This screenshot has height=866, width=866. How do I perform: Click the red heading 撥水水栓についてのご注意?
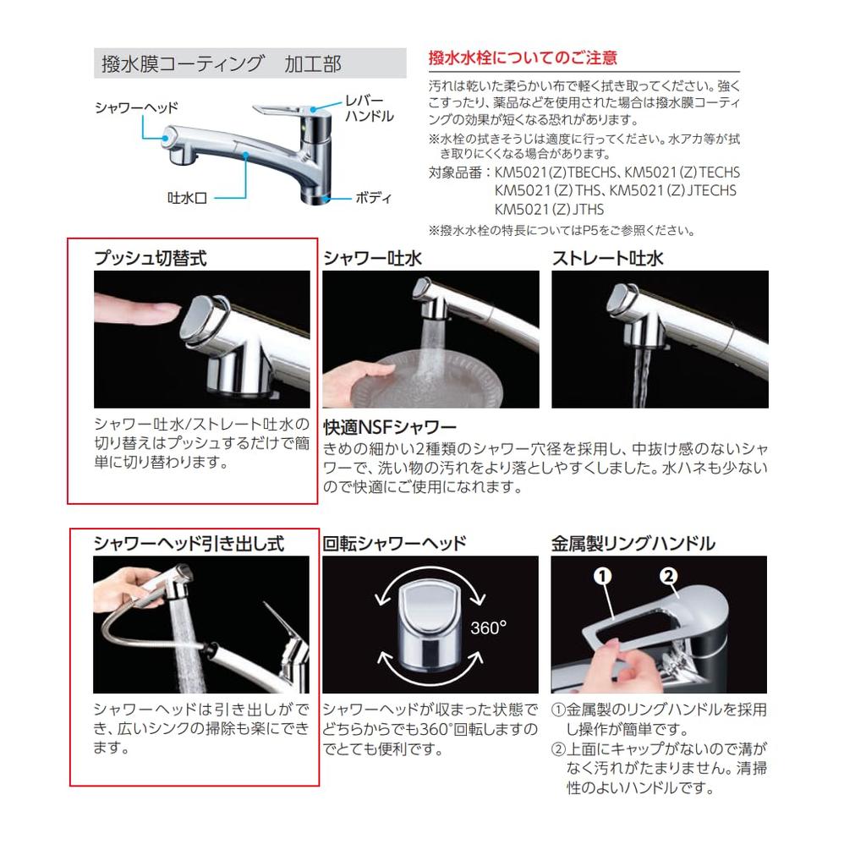click(x=523, y=58)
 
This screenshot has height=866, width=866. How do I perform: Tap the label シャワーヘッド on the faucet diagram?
click(x=136, y=107)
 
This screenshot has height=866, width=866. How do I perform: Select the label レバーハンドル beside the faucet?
click(x=368, y=107)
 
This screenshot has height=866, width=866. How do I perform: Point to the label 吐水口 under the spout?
click(x=187, y=200)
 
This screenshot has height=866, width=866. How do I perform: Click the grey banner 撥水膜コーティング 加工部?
click(x=220, y=65)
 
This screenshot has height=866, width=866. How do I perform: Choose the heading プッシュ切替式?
click(x=150, y=259)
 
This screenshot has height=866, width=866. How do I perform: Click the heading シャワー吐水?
click(x=372, y=259)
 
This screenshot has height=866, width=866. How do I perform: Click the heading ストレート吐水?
click(x=607, y=259)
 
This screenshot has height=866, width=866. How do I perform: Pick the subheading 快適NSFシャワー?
click(x=389, y=427)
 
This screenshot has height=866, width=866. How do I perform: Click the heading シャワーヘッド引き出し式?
click(x=188, y=543)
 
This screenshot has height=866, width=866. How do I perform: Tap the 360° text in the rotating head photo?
click(x=488, y=628)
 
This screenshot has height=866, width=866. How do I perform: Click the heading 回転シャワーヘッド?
click(x=394, y=543)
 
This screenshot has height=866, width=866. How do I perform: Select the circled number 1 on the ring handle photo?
click(x=602, y=577)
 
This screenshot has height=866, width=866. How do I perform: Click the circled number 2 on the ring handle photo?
click(x=668, y=577)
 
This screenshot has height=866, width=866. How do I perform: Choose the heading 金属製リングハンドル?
click(x=633, y=543)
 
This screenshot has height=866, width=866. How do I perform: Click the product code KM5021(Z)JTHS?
click(x=550, y=209)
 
